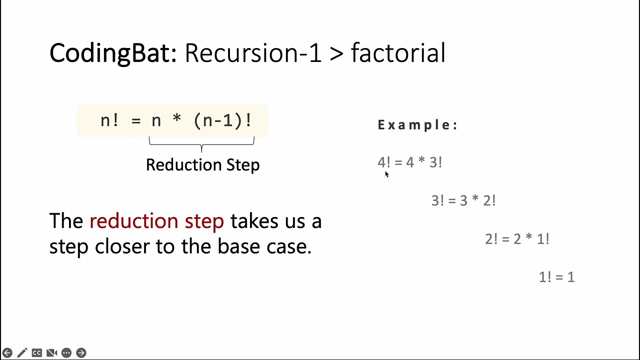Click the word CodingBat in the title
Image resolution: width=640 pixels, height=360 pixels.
pos(110,53)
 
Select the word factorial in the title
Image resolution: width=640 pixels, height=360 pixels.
pos(398,53)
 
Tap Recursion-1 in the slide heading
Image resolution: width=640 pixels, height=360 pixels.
pos(253,53)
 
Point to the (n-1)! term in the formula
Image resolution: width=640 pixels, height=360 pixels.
pos(222,120)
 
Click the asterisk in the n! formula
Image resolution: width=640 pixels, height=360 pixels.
pos(177,121)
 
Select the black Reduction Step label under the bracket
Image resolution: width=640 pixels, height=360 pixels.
pos(202,164)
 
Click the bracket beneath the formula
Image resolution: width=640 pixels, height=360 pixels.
pos(201,144)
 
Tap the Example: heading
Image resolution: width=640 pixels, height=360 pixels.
pos(417,125)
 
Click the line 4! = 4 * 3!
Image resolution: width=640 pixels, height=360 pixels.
pos(409,162)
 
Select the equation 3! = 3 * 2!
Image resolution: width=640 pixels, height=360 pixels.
pos(463,200)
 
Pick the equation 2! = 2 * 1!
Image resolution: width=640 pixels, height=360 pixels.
pos(517,239)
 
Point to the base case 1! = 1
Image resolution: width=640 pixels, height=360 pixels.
pos(556,277)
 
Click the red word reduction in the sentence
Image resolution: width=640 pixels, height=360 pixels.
pos(133,221)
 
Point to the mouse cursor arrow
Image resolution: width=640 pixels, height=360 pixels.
pos(386,174)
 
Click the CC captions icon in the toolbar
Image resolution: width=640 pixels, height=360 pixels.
pos(36,353)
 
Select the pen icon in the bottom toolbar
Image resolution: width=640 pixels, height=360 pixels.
pos(22,353)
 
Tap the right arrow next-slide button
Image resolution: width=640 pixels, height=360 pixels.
pos(81,353)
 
